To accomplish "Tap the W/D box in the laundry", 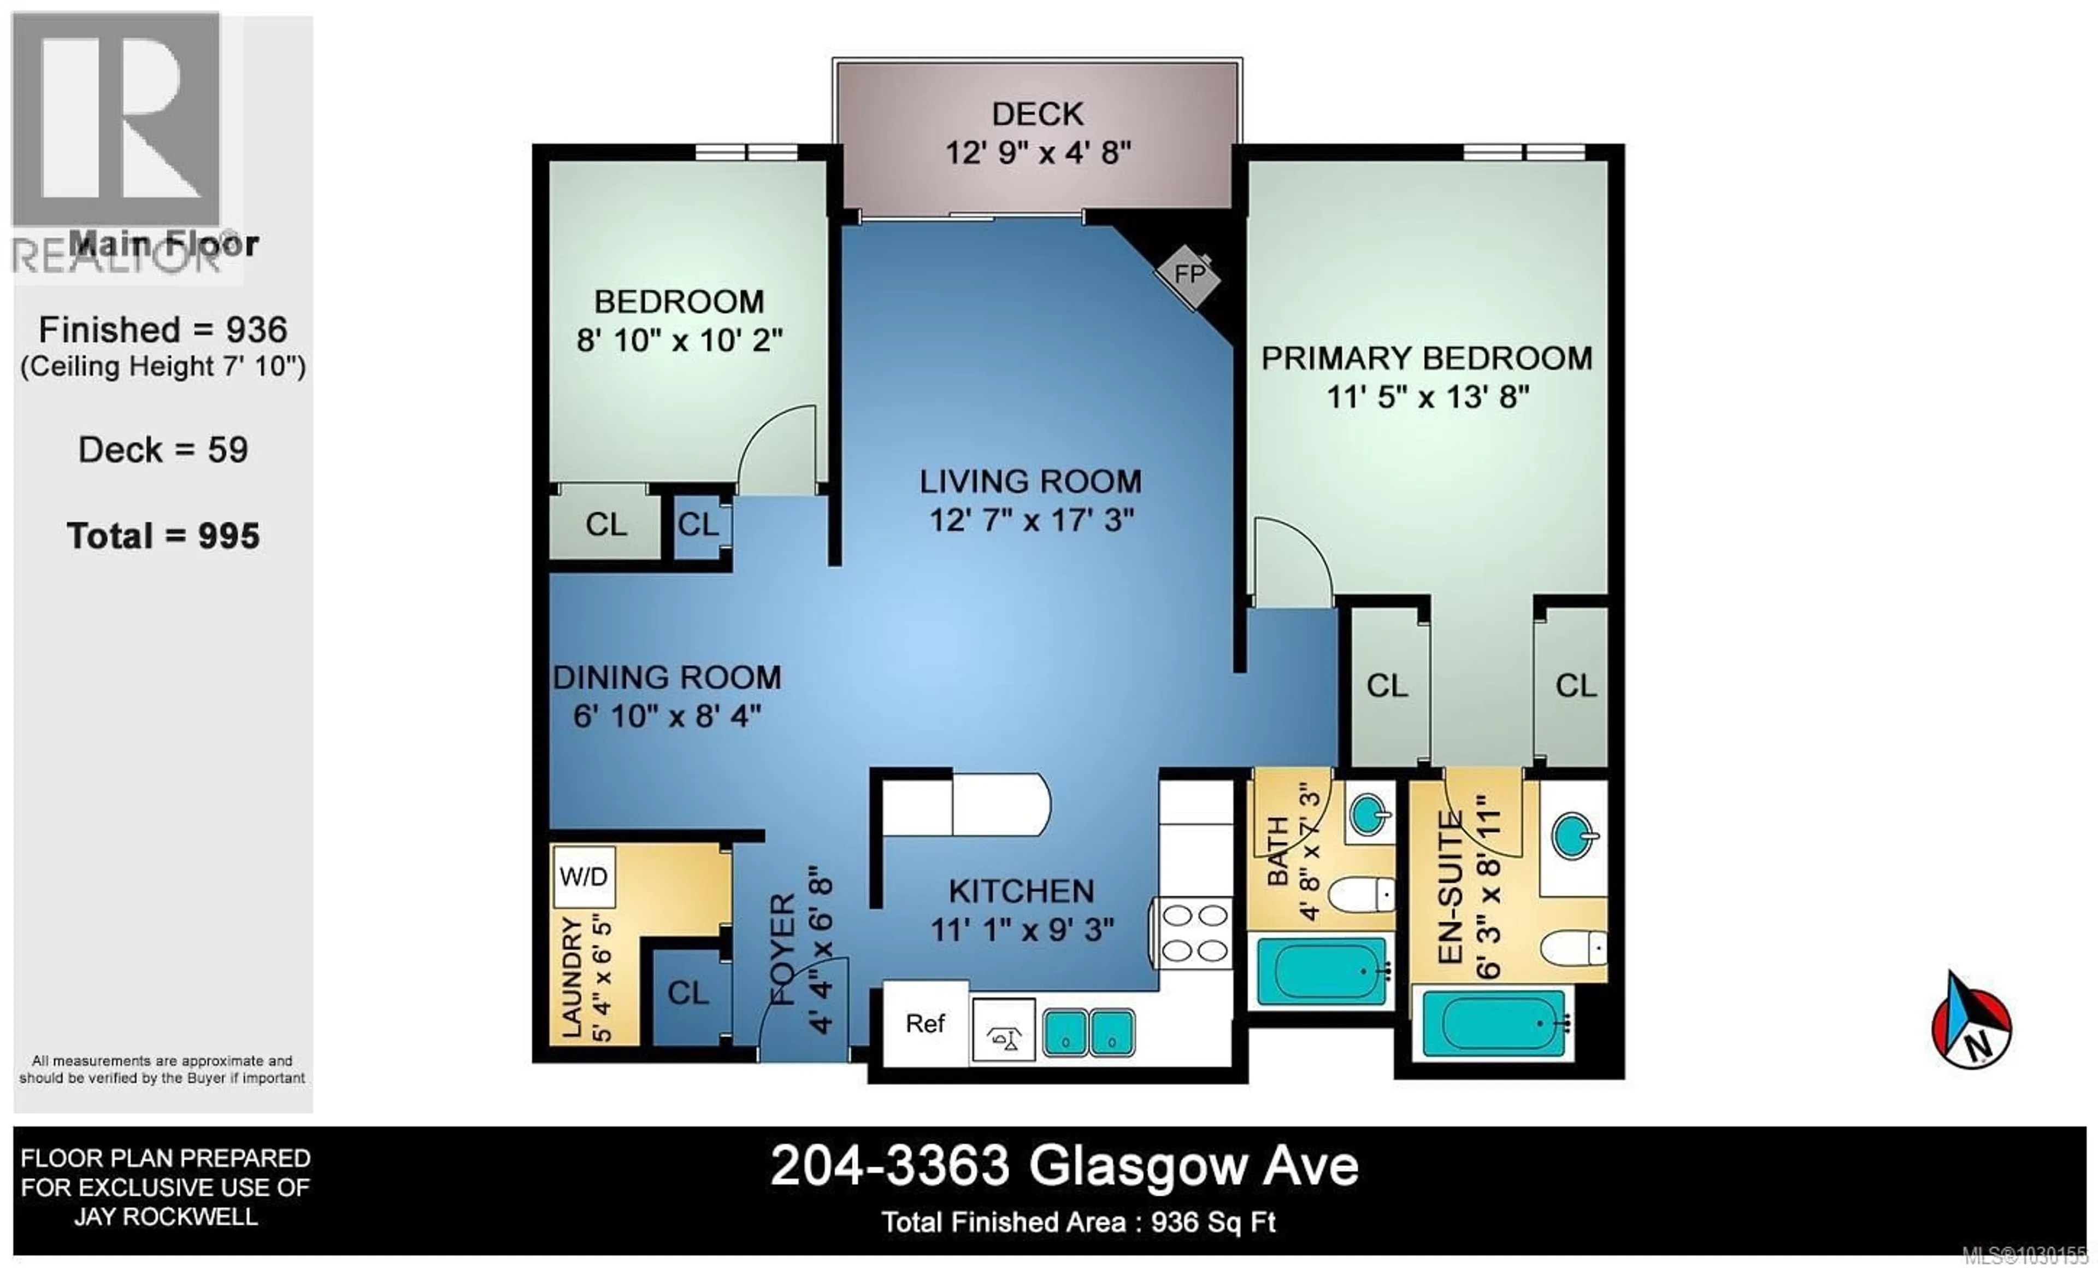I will coord(584,876).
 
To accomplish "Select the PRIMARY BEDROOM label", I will coord(1426,359).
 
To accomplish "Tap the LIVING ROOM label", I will coord(1030,482).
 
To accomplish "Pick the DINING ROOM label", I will coord(667,678).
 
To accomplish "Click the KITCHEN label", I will coord(1021,891).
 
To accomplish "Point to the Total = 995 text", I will coord(163,537).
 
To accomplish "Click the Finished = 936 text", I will coord(163,331).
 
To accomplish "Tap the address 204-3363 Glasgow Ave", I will coord(1064,1166).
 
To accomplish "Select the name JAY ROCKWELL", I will coord(166,1217).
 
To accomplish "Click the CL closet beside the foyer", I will coord(688,993).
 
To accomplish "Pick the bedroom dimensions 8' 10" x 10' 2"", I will coord(680,341).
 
